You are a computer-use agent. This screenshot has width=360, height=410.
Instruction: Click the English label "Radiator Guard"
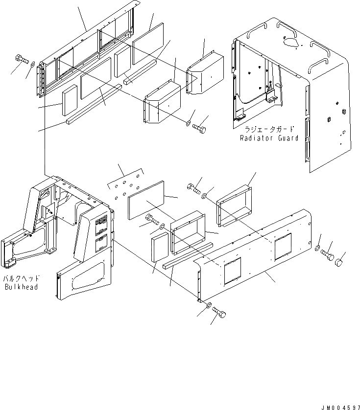click(x=269, y=138)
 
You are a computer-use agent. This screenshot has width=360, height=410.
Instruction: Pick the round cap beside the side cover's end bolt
click(x=338, y=264)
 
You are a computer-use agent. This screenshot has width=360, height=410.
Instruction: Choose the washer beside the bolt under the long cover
click(x=209, y=306)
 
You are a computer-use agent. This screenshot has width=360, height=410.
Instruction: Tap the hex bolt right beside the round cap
click(x=327, y=255)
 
